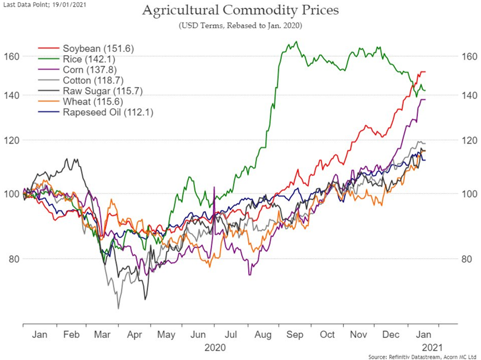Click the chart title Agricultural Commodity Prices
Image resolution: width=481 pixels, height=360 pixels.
coord(240,10)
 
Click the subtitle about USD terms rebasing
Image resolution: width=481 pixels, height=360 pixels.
coord(240,25)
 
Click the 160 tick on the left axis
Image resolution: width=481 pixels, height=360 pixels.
coord(13,56)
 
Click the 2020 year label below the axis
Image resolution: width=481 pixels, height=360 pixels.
coord(215,348)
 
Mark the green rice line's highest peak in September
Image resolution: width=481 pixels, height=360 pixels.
coord(296,42)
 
